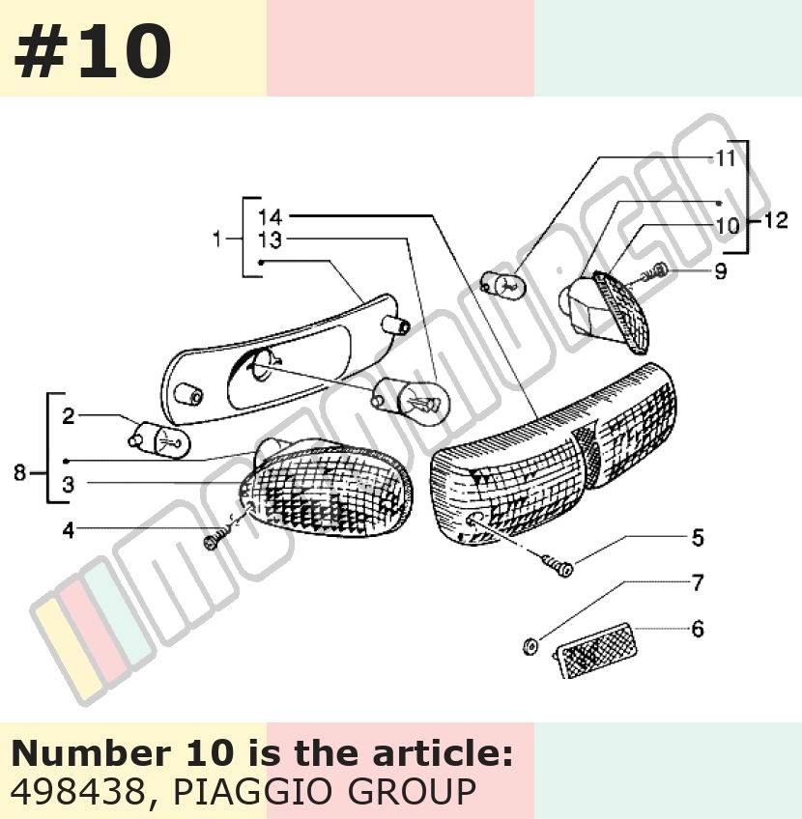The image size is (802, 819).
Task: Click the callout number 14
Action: pos(271,216)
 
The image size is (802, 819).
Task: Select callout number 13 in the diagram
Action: pos(271,240)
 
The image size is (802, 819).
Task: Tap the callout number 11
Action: pos(726,158)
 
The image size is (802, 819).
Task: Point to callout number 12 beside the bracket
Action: pos(775,220)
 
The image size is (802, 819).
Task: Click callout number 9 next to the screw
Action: pos(721,271)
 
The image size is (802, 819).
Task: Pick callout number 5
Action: pos(698,537)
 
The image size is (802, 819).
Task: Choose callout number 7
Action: pos(698,582)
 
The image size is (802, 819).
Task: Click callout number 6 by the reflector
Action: pos(698,629)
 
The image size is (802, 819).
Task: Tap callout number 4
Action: pos(69,530)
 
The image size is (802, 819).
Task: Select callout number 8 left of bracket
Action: pos(19,472)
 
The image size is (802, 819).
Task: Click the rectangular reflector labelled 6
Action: pos(596,650)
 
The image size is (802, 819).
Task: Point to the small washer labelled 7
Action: pos(530,647)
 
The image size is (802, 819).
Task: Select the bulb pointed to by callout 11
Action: pos(502,285)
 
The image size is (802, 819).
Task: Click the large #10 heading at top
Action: pos(93,51)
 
